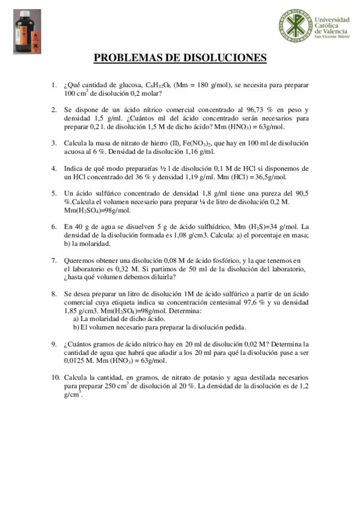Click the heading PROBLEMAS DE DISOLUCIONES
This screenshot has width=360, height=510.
tap(180, 58)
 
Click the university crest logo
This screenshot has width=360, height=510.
tap(295, 25)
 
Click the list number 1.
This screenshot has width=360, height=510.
tap(53, 85)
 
